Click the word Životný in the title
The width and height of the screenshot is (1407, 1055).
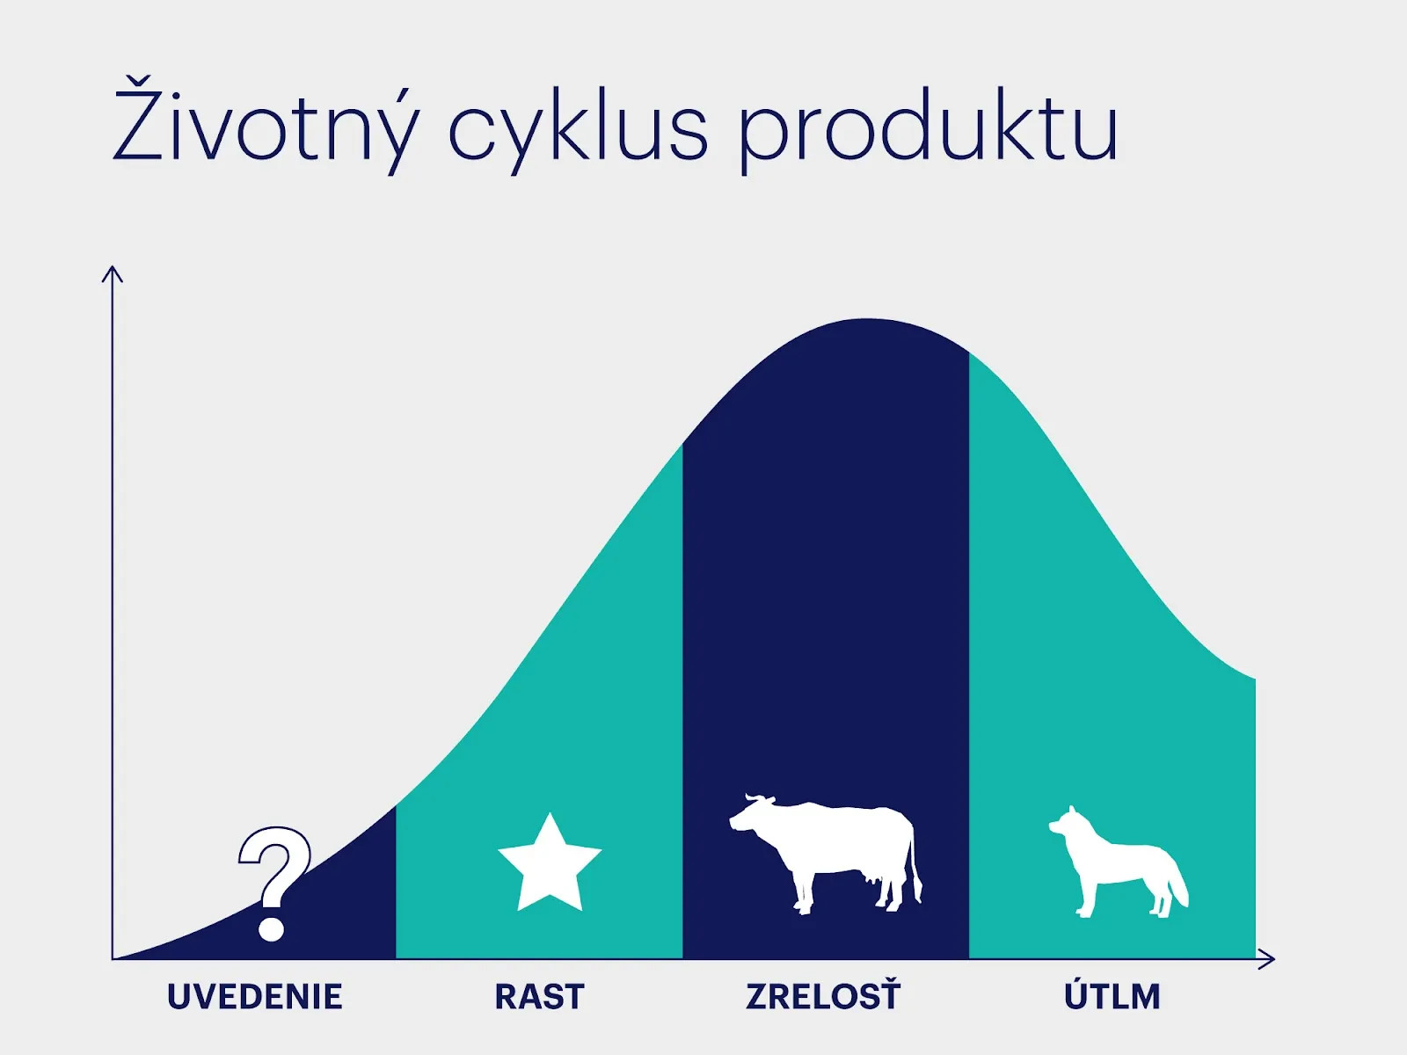tap(266, 126)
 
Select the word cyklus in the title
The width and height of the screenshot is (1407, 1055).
tap(578, 130)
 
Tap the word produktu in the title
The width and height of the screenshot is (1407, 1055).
tap(929, 130)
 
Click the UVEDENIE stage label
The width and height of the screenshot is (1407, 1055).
tap(254, 997)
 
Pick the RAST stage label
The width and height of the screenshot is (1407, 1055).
tap(539, 997)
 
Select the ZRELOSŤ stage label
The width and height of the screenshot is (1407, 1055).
tap(823, 995)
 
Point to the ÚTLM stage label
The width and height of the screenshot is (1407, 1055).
tap(1112, 995)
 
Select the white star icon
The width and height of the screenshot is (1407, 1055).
tap(550, 866)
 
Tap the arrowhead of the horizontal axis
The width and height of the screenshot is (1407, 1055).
tap(1267, 959)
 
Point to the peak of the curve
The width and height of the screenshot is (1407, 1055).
tap(867, 319)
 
